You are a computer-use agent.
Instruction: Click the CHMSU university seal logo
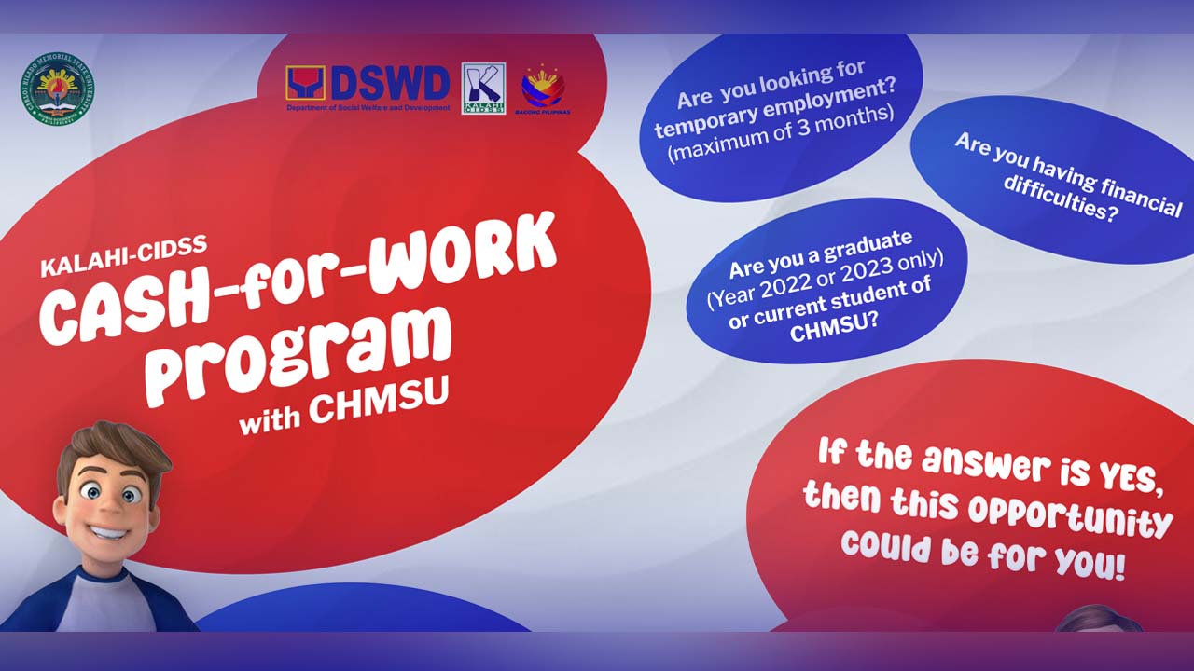58,89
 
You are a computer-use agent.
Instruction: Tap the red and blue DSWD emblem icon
305,84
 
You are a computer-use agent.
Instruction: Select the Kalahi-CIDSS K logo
483,88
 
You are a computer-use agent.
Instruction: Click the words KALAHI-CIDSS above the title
123,257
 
